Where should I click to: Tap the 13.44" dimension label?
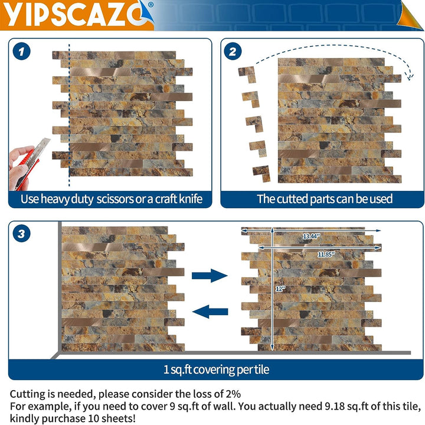(310, 236)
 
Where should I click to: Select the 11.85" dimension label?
(325, 254)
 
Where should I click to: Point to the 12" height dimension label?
(280, 288)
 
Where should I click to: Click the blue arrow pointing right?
(210, 275)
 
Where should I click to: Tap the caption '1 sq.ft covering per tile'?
(216, 369)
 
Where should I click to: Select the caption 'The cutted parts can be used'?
(324, 199)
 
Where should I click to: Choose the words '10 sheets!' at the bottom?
(113, 418)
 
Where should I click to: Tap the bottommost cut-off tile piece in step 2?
(260, 173)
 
